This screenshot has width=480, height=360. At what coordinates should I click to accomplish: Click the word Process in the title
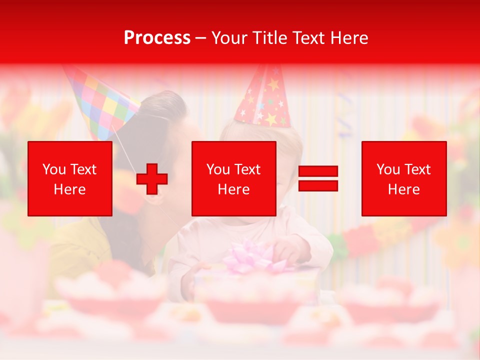157,37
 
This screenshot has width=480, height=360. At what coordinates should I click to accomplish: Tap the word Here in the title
348,37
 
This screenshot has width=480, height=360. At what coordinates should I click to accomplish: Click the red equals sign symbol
318,179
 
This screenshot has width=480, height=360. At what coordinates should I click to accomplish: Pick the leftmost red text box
70,178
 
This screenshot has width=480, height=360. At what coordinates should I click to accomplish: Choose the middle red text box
233,178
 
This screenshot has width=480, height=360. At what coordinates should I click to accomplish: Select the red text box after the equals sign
404,178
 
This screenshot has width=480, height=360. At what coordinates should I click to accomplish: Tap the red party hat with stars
264,97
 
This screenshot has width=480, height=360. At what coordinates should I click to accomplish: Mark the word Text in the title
309,37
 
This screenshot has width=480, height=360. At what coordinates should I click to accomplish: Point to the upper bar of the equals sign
318,171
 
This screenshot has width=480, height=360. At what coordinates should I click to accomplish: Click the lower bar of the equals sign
318,186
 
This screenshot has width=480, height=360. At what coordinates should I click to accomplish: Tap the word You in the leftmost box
54,169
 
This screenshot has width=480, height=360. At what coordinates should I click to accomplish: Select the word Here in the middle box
233,189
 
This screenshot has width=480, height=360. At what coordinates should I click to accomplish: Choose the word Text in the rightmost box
417,169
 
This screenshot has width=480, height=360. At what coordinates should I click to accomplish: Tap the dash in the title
201,38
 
